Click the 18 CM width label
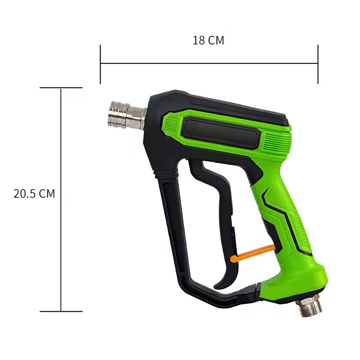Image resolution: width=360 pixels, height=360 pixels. [x=208, y=40]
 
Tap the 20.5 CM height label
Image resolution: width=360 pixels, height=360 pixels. [x=34, y=194]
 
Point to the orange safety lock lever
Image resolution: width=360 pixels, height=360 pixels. [x=252, y=252]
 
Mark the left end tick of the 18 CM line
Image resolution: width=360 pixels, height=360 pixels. [x=100, y=64]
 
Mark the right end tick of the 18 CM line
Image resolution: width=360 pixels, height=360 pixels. [x=318, y=64]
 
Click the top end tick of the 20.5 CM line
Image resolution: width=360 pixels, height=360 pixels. [x=61, y=88]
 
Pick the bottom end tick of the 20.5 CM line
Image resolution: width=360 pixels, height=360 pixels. [x=61, y=311]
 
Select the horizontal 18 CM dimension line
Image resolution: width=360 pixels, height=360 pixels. [x=209, y=64]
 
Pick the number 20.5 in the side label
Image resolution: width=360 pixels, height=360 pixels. [x=25, y=194]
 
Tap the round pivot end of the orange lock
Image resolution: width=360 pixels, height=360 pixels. [x=234, y=259]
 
